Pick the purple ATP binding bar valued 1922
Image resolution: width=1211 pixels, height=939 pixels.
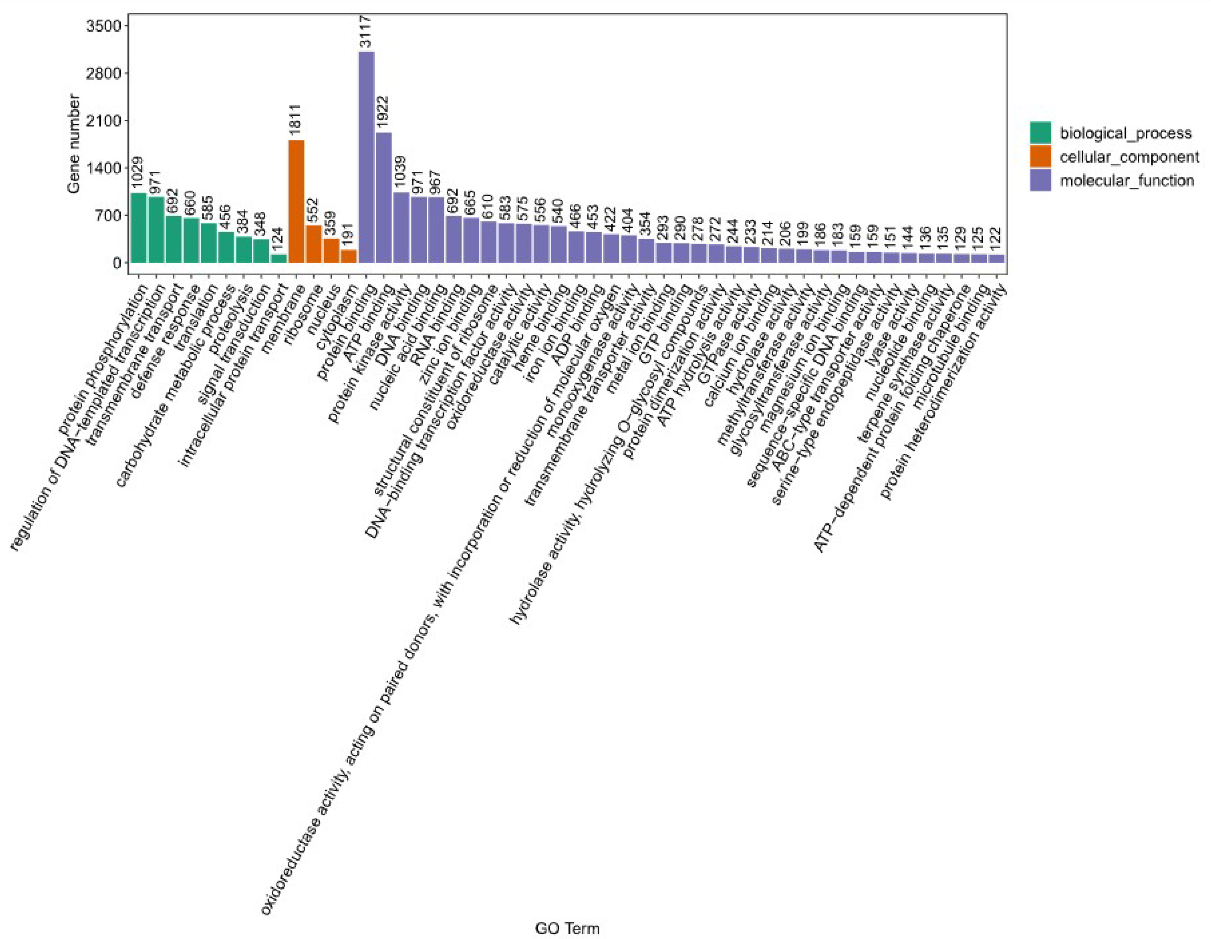click(384, 197)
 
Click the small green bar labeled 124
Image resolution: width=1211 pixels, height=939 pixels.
click(279, 258)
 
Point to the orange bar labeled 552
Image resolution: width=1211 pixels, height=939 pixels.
click(314, 244)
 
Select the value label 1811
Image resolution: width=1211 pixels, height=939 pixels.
click(296, 119)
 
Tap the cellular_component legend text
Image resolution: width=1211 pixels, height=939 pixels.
click(1129, 157)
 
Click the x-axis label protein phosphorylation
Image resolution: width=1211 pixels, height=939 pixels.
click(105, 360)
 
